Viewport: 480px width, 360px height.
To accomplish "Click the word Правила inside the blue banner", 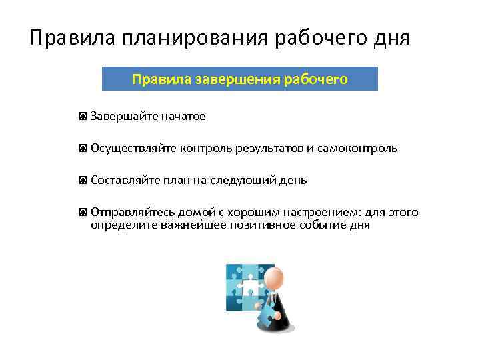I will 162,79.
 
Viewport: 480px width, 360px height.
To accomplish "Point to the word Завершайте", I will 122,117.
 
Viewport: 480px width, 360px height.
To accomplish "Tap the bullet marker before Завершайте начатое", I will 82,117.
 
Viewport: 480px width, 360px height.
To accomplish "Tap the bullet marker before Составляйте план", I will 82,181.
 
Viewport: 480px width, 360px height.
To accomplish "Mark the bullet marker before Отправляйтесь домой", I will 82,213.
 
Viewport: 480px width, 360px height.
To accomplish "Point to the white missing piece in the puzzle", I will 250,289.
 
